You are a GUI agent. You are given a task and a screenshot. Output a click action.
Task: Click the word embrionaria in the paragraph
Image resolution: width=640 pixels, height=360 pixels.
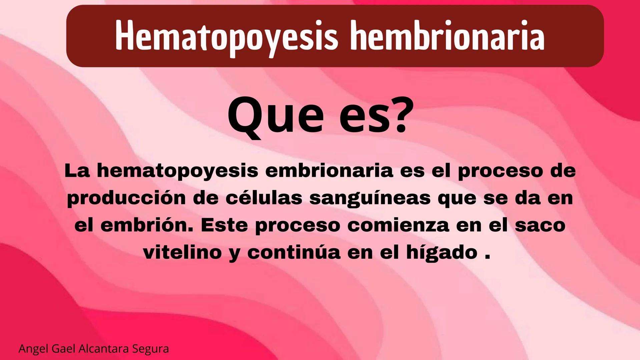(330, 171)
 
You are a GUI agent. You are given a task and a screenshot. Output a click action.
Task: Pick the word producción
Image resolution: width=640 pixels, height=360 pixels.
(126, 198)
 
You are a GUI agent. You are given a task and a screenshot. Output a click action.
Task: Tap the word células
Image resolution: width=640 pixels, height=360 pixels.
(264, 198)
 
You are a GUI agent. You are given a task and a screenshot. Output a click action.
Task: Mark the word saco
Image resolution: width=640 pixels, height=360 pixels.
(540, 225)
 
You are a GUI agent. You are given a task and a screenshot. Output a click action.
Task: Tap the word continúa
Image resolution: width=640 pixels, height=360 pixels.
(294, 252)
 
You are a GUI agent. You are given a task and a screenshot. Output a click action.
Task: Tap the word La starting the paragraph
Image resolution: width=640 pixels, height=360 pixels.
(77, 171)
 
